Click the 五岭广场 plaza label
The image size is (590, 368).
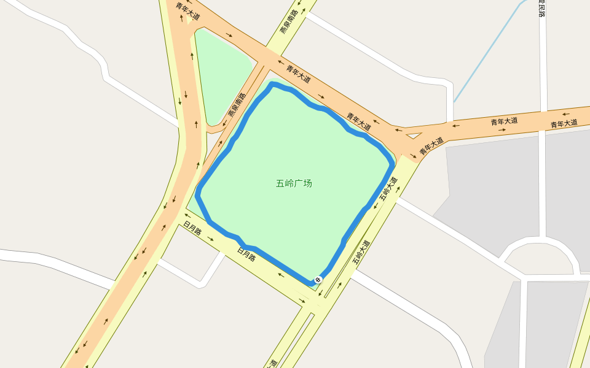(294, 183)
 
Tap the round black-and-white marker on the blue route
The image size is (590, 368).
(318, 280)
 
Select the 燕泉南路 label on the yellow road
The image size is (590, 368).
(288, 21)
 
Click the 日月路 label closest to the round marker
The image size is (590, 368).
(246, 253)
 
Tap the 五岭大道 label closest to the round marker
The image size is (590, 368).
(361, 251)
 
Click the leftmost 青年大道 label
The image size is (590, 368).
(187, 12)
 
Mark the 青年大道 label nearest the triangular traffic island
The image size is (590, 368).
(431, 145)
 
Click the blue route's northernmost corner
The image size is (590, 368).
(271, 84)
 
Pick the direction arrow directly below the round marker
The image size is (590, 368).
(319, 294)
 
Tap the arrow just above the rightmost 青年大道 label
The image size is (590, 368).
(565, 114)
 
